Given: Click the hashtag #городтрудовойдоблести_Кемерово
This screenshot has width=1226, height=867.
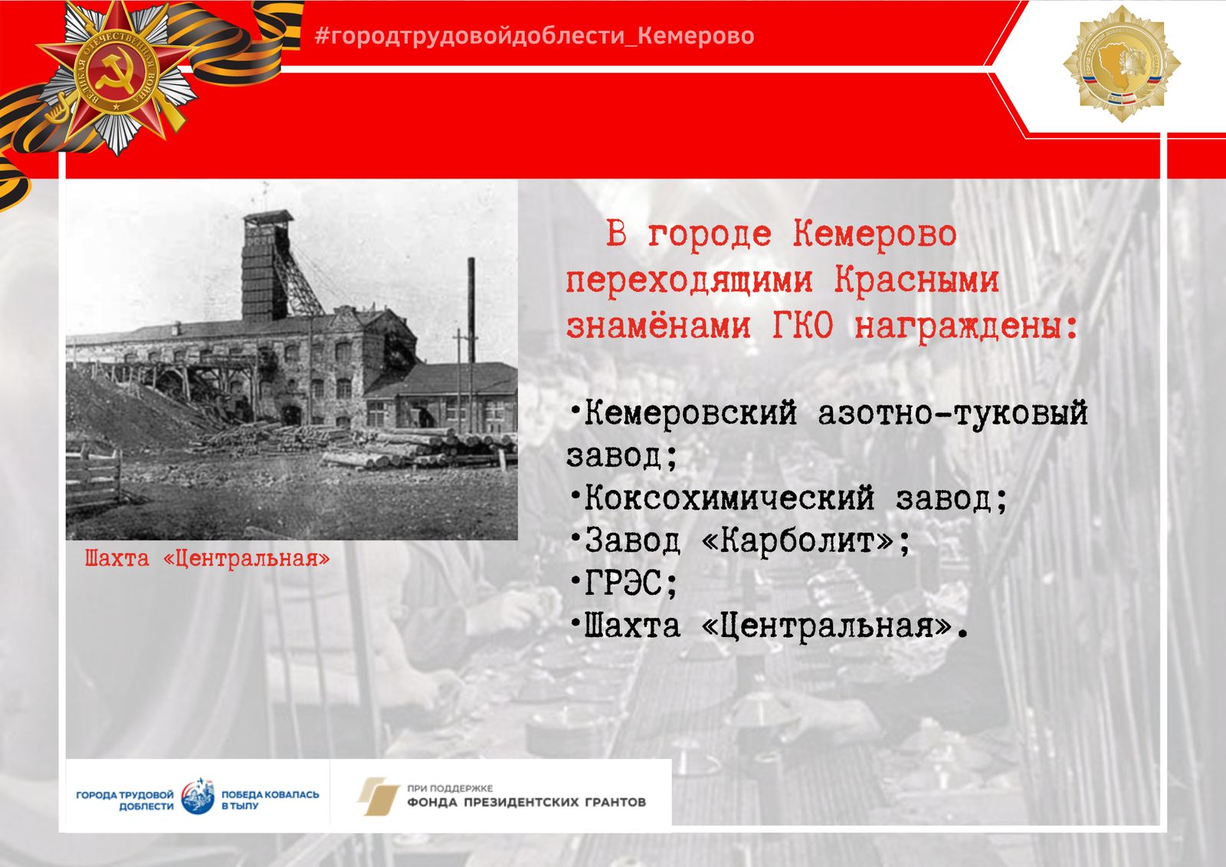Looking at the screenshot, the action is click(x=534, y=35).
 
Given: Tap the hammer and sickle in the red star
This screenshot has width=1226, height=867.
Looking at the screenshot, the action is click(x=114, y=74).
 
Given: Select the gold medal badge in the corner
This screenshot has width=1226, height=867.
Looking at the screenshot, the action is click(x=1122, y=64).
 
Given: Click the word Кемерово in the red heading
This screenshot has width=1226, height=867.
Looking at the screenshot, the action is click(x=874, y=235).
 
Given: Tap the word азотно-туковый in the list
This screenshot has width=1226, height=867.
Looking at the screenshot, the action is click(x=952, y=413).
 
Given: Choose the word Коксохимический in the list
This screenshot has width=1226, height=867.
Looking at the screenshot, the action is click(x=729, y=498).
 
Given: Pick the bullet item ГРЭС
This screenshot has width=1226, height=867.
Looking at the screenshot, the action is click(x=624, y=583).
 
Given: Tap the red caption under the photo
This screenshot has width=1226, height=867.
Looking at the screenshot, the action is click(x=208, y=559).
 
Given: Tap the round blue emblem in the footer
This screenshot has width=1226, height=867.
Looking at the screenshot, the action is click(x=198, y=797).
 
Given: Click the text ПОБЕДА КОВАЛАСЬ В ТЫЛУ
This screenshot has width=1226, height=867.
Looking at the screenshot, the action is click(x=270, y=800).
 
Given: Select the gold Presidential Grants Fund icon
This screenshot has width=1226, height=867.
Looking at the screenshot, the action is click(x=379, y=796).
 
